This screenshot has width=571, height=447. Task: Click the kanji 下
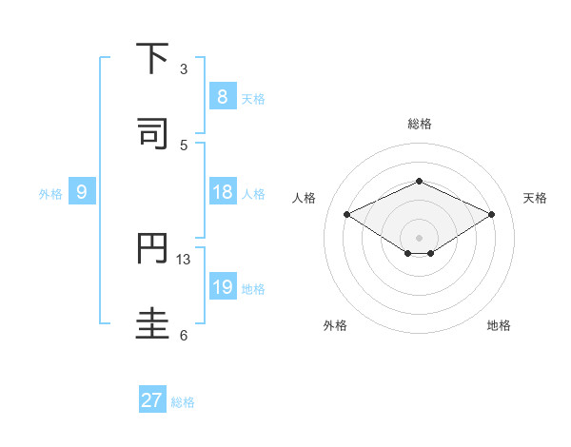[153, 59]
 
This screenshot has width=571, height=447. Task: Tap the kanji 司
[153, 134]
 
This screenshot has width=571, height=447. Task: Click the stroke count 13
[185, 260]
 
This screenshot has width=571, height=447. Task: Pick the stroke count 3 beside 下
[184, 69]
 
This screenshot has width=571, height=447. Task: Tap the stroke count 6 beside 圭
[184, 335]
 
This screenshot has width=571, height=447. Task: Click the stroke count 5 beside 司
[184, 145]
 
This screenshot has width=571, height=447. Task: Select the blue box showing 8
[222, 97]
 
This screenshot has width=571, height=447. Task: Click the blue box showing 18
[222, 192]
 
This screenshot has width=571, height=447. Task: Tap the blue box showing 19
[222, 287]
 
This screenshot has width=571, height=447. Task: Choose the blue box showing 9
[82, 192]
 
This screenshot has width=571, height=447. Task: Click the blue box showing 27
[151, 400]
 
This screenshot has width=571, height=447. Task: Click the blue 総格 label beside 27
[183, 402]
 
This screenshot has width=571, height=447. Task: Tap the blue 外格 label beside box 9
[50, 194]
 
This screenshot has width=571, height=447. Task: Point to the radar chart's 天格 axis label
[536, 198]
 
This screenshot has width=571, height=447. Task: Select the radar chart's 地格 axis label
[499, 325]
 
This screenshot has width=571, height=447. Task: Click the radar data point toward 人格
[347, 215]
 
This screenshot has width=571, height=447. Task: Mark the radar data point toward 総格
[419, 181]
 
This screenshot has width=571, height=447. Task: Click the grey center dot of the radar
[419, 237]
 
